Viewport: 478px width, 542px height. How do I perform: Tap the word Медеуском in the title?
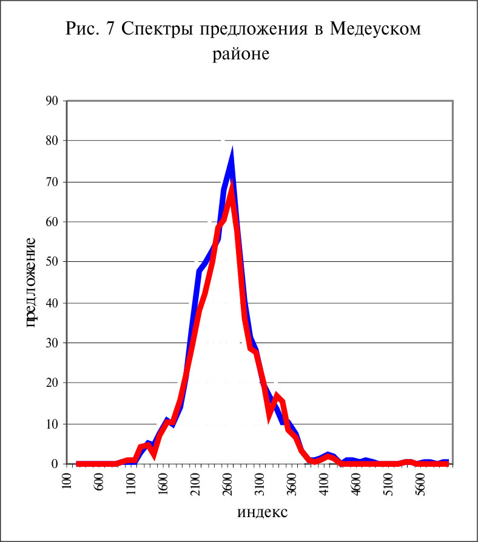(375, 30)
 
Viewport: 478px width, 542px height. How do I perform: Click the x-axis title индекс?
(262, 512)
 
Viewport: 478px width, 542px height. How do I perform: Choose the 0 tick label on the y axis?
(55, 464)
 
